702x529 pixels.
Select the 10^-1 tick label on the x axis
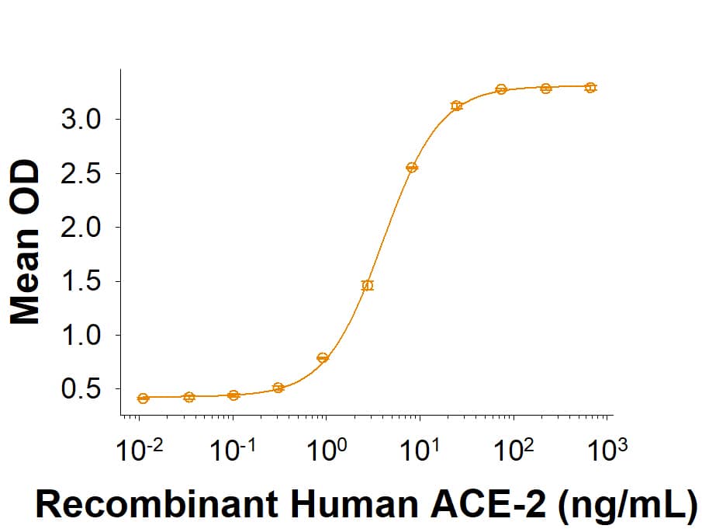[232, 450]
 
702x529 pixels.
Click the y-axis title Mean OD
[26, 242]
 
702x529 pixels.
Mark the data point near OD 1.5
[368, 285]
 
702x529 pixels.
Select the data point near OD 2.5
[412, 168]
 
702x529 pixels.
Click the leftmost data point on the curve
[143, 398]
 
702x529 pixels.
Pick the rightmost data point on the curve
[590, 88]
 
